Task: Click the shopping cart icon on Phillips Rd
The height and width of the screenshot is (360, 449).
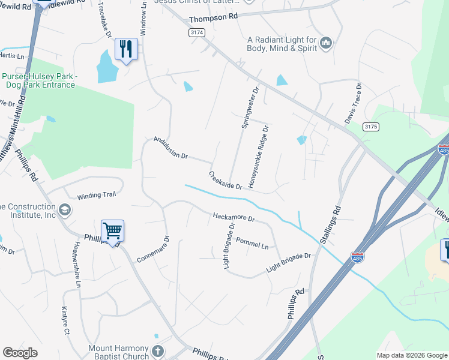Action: point(112,231)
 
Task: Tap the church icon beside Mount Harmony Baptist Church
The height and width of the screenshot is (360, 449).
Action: point(157,350)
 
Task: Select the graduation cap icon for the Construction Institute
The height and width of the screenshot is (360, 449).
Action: point(65,210)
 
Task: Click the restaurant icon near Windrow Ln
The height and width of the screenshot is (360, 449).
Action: point(126,49)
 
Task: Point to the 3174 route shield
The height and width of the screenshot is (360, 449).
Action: point(196,32)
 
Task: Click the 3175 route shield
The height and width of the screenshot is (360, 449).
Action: point(371,127)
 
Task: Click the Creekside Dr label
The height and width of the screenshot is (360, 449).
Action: point(225,180)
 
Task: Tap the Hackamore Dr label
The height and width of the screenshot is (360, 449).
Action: point(234,217)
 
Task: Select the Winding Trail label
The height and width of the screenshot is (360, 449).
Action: point(95,196)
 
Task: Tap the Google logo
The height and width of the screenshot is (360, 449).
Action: point(20,353)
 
